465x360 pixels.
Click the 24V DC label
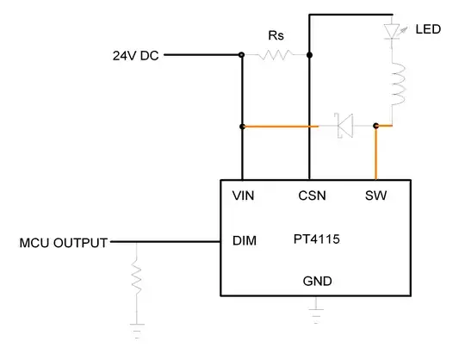[x=135, y=55]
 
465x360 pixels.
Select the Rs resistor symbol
[x=276, y=55]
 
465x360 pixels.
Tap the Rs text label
[x=275, y=37]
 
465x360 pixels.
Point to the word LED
[x=428, y=29]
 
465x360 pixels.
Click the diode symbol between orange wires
[x=344, y=127]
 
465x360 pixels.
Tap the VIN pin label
[x=243, y=196]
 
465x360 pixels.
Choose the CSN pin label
[x=311, y=196]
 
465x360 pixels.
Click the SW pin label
[x=375, y=196]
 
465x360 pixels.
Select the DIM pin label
[x=245, y=241]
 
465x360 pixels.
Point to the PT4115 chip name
[x=315, y=241]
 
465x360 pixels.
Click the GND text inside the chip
[x=317, y=281]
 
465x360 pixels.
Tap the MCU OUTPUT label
[x=64, y=243]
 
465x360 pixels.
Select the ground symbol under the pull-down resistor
[x=135, y=330]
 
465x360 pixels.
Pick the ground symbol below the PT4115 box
[x=317, y=307]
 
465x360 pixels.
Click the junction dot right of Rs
[x=309, y=55]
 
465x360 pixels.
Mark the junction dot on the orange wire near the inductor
[x=376, y=126]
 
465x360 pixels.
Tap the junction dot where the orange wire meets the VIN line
[x=243, y=127]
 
